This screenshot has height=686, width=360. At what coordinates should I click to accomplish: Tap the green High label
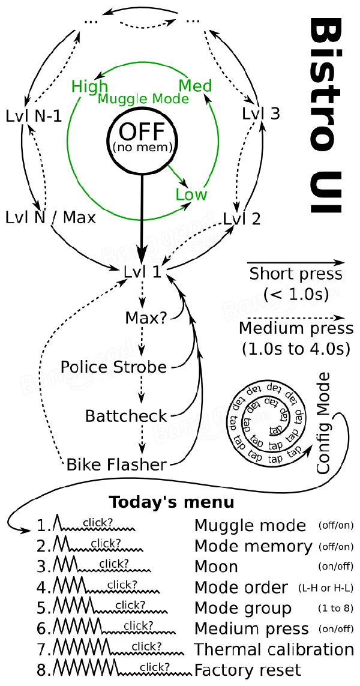tap(89, 86)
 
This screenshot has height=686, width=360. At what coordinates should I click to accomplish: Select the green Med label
tap(195, 85)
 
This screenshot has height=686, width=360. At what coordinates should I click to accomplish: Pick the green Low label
tap(191, 194)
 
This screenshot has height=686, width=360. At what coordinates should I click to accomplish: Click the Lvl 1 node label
tap(142, 271)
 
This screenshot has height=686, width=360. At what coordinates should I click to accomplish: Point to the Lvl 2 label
tap(242, 218)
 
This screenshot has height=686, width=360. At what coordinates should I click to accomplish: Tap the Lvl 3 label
tap(261, 114)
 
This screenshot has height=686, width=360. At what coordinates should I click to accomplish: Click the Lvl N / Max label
tap(51, 217)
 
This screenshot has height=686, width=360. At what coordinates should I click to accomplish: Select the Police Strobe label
tap(114, 367)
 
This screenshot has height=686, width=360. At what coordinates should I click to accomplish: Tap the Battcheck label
tap(126, 416)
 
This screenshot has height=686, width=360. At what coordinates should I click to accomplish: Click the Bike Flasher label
tap(116, 465)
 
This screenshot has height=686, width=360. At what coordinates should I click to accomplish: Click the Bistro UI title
tap(325, 116)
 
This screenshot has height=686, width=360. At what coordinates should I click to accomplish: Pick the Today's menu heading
tap(172, 502)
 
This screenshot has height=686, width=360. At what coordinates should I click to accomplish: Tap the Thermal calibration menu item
tap(274, 649)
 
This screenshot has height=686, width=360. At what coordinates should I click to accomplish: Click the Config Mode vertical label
tap(323, 423)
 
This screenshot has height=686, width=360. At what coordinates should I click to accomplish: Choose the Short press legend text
tap(296, 274)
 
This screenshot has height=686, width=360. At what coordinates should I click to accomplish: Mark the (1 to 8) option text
tap(335, 608)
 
